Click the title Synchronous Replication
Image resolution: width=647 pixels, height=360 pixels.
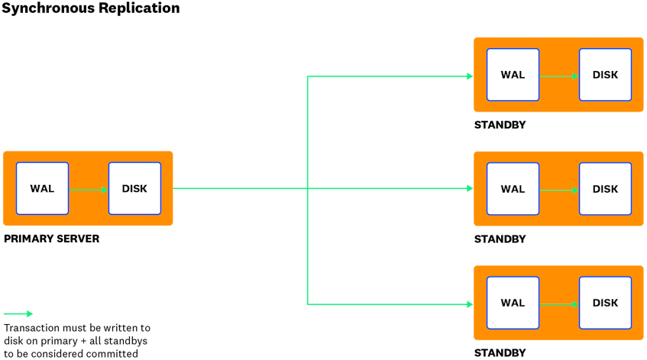coord(91,8)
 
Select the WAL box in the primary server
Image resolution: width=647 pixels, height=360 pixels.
coord(43,189)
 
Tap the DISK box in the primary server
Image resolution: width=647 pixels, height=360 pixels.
coord(134,189)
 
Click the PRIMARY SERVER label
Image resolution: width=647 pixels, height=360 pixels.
coord(51,239)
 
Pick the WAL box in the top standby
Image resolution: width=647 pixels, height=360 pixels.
coord(513,75)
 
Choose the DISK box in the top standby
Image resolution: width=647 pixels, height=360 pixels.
coord(605,75)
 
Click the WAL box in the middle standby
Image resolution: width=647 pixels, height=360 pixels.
coord(513,189)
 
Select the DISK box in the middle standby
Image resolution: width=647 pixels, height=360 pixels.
coord(605,189)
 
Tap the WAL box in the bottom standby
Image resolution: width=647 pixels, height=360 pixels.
coord(513,303)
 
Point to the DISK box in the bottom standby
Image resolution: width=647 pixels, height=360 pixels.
coord(605,303)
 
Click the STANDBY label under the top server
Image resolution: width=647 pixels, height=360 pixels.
coord(500,125)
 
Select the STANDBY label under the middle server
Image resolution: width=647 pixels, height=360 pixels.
coord(500,239)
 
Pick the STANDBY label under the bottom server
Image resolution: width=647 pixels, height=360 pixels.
coord(500,353)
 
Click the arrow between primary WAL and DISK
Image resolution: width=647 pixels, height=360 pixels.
coord(89,190)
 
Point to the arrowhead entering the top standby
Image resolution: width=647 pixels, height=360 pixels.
coord(469,76)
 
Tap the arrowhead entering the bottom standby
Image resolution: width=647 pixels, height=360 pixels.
coord(469,304)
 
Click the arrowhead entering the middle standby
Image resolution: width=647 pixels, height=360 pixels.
coord(469,189)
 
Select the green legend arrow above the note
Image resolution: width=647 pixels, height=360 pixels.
coord(18,313)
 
